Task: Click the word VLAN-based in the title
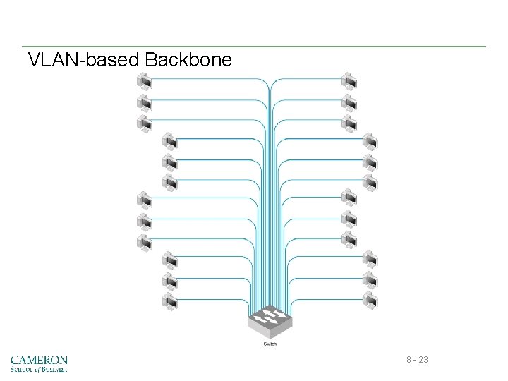pos(84,60)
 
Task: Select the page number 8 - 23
pos(417,361)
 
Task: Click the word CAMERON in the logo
pos(40,360)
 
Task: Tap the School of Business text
pos(40,369)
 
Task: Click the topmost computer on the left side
pos(145,82)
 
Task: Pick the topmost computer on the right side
pos(349,82)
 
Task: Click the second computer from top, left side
pos(145,103)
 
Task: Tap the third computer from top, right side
pos(349,125)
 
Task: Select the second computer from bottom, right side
pos(370,280)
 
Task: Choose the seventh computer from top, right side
pos(349,200)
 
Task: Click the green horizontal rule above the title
pos(254,47)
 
